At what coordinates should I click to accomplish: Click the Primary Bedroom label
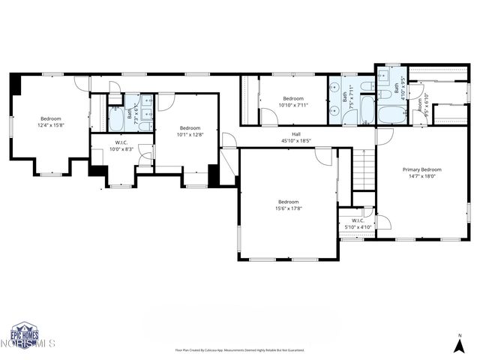point(421,169)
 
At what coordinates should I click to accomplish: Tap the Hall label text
point(295,134)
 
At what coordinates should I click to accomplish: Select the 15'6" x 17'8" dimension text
point(289,208)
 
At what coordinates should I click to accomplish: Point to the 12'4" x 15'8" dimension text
point(51,125)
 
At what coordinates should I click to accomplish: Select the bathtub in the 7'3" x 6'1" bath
point(118,118)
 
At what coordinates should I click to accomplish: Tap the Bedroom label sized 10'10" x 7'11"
point(293,99)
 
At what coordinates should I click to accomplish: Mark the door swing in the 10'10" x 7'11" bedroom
point(268,117)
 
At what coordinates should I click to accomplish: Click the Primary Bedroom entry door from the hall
point(384,136)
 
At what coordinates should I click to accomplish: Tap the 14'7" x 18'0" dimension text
point(421,176)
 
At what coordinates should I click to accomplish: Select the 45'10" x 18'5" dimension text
point(295,141)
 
